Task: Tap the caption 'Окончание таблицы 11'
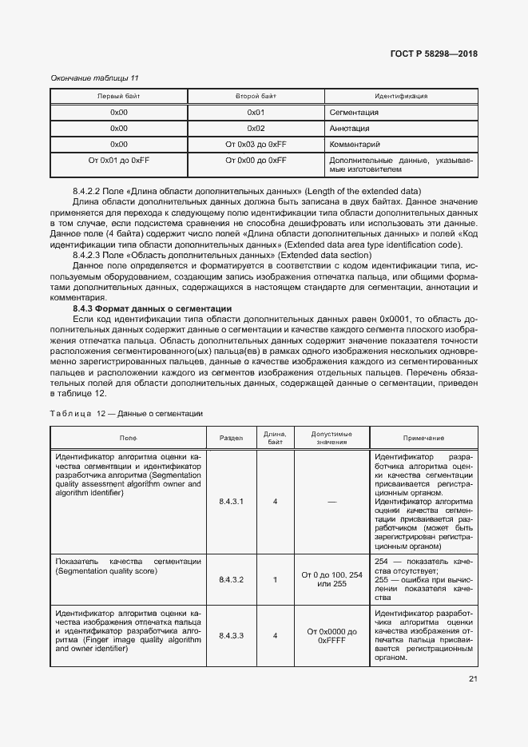[94, 77]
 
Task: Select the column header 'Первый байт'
[118, 96]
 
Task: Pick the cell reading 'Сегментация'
[353, 113]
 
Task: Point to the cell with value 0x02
[256, 129]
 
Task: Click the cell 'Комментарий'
[355, 145]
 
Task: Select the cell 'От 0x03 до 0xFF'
[256, 145]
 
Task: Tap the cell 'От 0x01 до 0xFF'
[118, 161]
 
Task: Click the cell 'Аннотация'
[349, 129]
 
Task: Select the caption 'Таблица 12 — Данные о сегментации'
[126, 414]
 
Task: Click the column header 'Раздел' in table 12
[231, 439]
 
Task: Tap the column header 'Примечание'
[423, 439]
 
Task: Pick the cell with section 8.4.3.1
[231, 502]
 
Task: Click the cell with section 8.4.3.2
[231, 579]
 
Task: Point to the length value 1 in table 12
[275, 579]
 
